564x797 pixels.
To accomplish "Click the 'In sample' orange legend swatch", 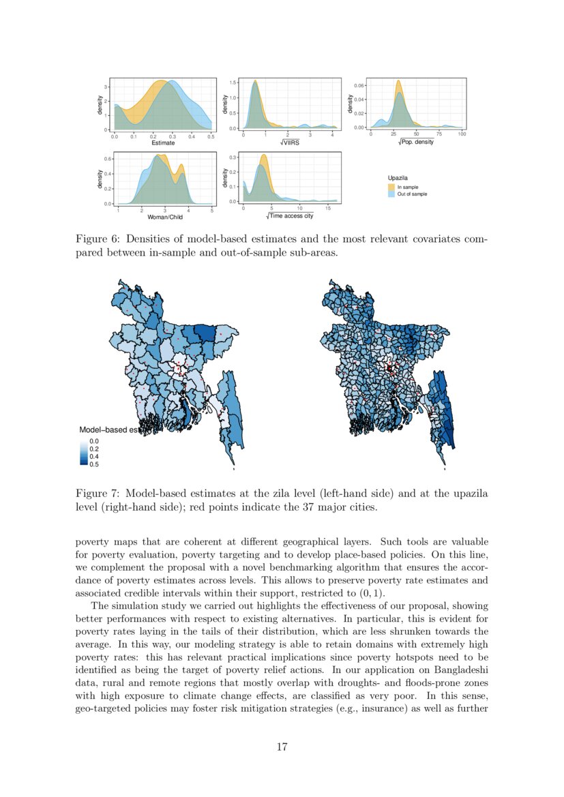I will click(391, 187).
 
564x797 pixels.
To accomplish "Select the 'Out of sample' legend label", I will click(413, 194).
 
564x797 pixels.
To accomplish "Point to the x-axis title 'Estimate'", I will click(163, 143).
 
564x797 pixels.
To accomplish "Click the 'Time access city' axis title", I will click(291, 216).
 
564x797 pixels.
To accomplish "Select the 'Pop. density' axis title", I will click(416, 142).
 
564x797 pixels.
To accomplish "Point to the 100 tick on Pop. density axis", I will click(462, 134).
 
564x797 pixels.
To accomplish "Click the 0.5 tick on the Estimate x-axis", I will click(211, 137).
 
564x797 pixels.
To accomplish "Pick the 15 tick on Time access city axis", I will click(329, 208).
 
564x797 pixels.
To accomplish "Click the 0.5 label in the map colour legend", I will click(94, 464).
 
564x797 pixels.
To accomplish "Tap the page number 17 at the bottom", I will click(282, 747).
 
